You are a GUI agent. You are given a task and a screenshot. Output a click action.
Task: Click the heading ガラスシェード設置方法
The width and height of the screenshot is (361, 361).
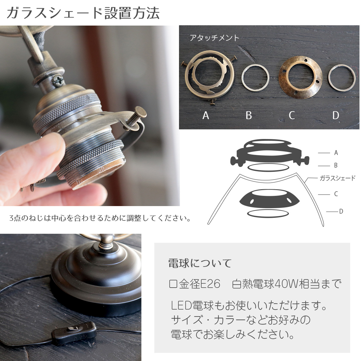[x=83, y=13]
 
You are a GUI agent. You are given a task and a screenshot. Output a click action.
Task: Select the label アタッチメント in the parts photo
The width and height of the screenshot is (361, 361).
[x=214, y=38]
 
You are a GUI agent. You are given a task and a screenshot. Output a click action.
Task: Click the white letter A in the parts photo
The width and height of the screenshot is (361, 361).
[x=206, y=116]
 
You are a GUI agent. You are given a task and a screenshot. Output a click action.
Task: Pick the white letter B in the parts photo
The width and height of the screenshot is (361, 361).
[x=248, y=116]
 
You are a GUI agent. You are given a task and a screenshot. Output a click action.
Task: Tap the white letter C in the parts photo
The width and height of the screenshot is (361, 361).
[x=292, y=116]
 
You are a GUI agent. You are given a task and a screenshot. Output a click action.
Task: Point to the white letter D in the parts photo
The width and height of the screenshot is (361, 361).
[x=336, y=116]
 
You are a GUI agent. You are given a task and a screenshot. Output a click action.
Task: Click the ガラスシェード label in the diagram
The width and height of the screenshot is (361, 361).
[x=338, y=178]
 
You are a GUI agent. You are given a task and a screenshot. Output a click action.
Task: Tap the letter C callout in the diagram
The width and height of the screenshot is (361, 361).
[x=336, y=194]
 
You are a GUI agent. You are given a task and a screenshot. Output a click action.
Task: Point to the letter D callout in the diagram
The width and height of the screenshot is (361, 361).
[x=341, y=211]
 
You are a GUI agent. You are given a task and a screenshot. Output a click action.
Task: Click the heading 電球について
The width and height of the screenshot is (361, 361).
[x=200, y=263]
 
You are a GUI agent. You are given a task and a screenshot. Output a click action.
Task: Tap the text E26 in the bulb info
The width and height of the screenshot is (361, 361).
[x=210, y=284]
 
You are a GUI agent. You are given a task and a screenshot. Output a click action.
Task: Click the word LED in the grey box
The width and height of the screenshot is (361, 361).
[x=181, y=306]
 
